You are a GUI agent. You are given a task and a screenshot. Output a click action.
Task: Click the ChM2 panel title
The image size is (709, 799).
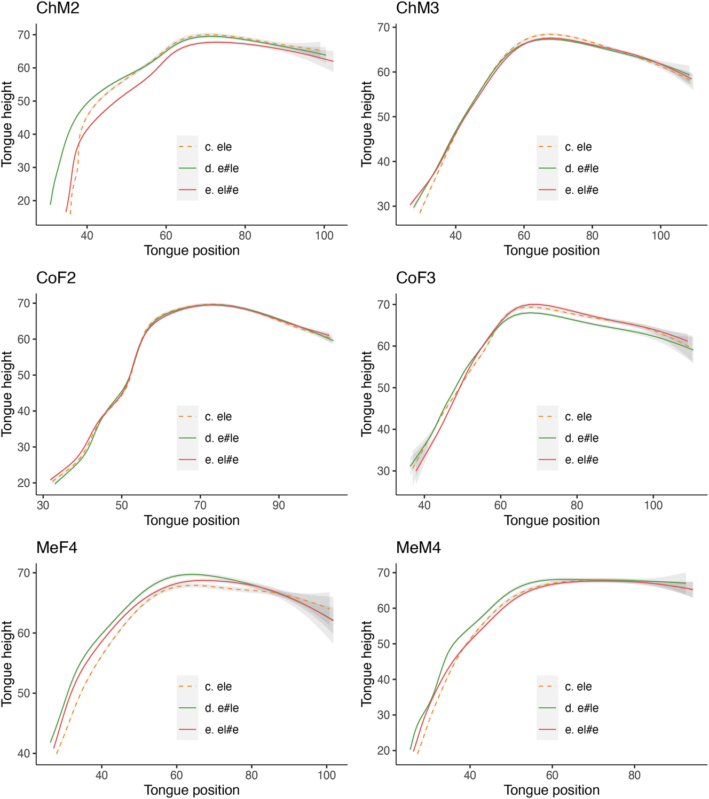click(58, 8)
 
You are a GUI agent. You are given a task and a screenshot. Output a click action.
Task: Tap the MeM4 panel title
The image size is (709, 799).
click(418, 548)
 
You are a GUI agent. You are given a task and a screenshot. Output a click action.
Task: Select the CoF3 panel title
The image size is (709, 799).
click(415, 278)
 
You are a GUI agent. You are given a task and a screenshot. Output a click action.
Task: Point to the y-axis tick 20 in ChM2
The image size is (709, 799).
click(23, 201)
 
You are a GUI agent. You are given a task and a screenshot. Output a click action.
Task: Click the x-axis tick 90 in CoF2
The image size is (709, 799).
click(279, 505)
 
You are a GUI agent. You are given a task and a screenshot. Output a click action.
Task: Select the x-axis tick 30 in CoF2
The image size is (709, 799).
click(43, 505)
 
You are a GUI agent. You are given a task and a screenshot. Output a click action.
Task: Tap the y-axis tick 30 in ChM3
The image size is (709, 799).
click(383, 206)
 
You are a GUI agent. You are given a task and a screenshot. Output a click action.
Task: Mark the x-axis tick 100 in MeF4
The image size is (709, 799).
click(327, 775)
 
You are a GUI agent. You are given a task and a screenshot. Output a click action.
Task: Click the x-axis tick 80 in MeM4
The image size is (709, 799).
click(634, 775)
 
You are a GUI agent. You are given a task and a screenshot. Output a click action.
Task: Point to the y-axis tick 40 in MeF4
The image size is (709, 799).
click(23, 754)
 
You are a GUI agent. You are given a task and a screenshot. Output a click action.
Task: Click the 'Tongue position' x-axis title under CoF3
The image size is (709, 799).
click(552, 520)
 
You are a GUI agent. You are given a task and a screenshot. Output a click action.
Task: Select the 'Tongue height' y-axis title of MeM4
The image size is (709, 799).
click(366, 663)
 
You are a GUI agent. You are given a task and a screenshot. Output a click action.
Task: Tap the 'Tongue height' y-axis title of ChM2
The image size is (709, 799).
click(6, 124)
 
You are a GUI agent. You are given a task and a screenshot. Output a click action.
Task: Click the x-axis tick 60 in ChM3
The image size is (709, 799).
click(524, 235)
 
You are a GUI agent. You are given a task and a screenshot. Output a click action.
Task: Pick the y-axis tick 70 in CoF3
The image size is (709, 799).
click(383, 305)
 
